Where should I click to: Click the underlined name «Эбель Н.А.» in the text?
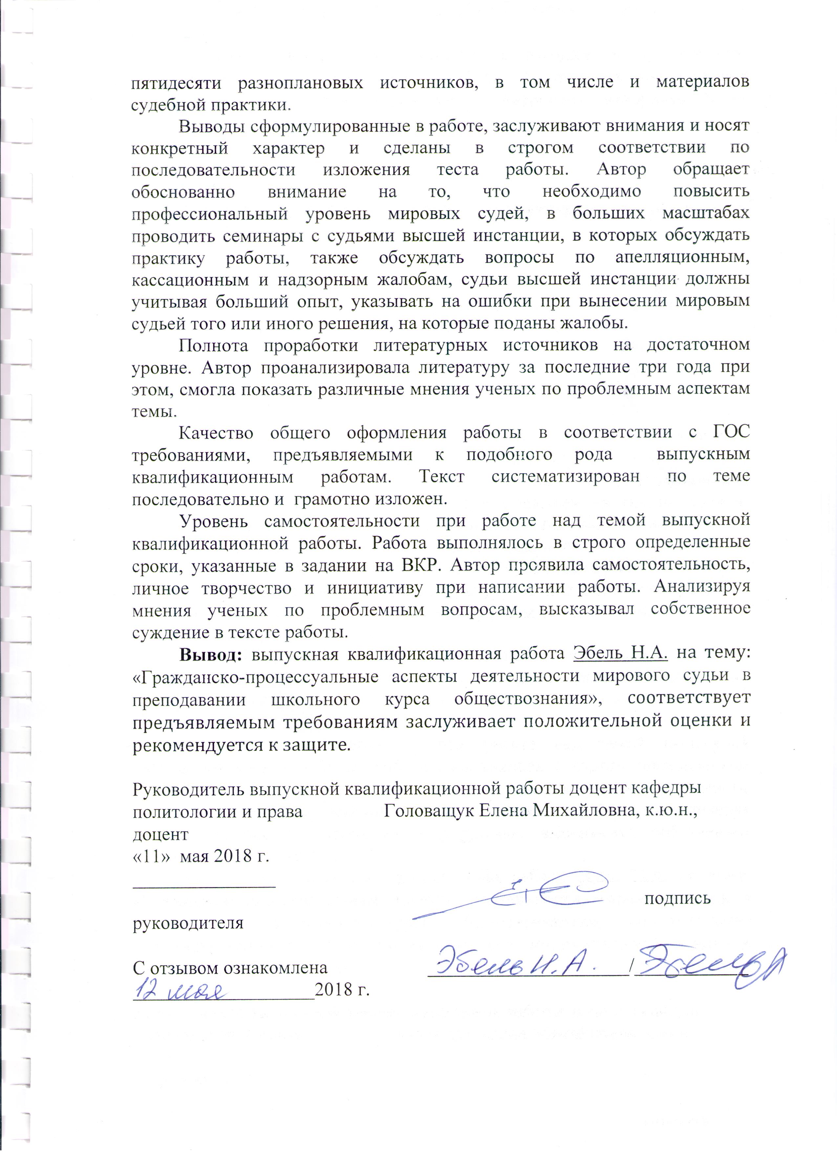[620, 653]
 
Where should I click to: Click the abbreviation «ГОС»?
[728, 432]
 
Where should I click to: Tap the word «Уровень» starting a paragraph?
[214, 521]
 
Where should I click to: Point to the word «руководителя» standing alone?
[188, 922]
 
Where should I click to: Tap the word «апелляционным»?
[682, 258]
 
